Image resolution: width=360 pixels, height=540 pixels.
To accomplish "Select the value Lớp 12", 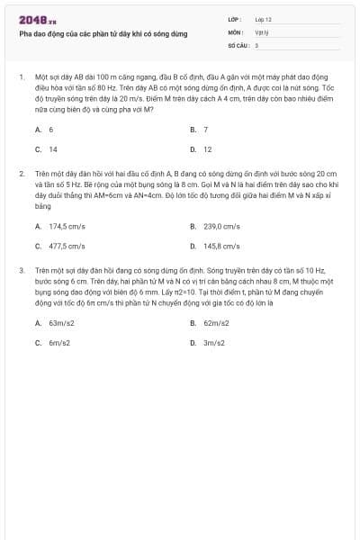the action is click(263, 19).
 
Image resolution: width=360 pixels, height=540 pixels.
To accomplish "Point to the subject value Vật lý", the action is click(262, 31).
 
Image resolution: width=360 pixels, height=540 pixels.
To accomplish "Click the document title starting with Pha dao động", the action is click(103, 33).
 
